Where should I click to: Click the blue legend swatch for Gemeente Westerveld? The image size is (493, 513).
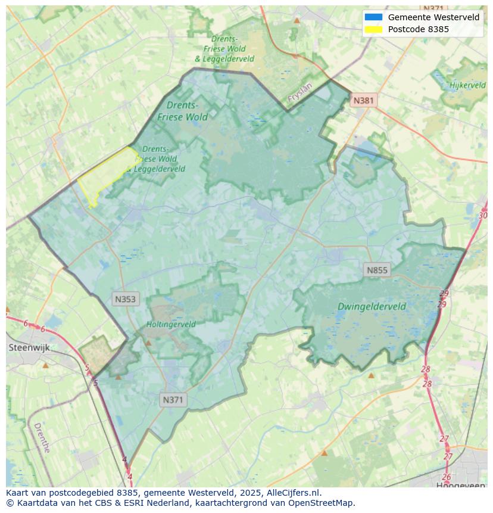[373, 17]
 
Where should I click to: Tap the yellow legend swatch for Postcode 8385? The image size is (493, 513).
[373, 29]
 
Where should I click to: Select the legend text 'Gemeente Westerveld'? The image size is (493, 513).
[433, 17]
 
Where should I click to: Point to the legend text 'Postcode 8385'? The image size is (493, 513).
[419, 29]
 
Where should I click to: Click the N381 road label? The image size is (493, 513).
[363, 100]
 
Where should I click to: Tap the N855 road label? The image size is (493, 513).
[377, 270]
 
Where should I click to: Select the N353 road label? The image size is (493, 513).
[126, 299]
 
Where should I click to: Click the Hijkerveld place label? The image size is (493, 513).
[467, 85]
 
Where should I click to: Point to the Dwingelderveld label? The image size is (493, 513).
[372, 307]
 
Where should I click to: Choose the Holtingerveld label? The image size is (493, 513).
[171, 325]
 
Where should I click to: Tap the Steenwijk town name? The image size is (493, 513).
[29, 347]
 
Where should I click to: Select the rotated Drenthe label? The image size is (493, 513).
[42, 437]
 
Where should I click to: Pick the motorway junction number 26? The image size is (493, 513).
[446, 477]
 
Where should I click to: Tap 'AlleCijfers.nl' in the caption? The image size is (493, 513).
[293, 493]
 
